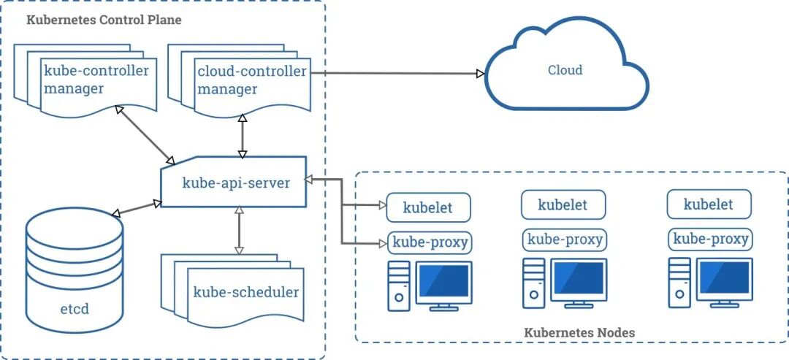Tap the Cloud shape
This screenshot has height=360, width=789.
click(x=565, y=71)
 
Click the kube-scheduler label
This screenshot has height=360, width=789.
click(x=246, y=292)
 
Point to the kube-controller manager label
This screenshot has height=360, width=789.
click(x=96, y=80)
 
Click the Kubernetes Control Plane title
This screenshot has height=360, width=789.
click(x=104, y=20)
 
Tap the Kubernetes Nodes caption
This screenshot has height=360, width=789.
click(x=579, y=332)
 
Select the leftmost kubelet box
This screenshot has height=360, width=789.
click(x=428, y=208)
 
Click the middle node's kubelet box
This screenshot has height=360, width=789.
click(x=563, y=205)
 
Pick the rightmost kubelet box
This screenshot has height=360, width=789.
click(x=709, y=205)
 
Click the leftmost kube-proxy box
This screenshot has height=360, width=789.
click(x=430, y=242)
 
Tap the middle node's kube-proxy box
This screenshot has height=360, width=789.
click(x=564, y=240)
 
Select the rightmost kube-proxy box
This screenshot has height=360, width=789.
click(x=710, y=239)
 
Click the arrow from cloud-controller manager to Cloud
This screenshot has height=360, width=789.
click(x=398, y=73)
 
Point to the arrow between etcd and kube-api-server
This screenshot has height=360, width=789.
click(x=137, y=208)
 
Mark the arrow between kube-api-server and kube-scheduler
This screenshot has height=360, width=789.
click(x=238, y=231)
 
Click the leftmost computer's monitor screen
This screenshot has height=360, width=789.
click(x=443, y=281)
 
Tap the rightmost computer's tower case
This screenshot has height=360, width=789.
click(x=679, y=285)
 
